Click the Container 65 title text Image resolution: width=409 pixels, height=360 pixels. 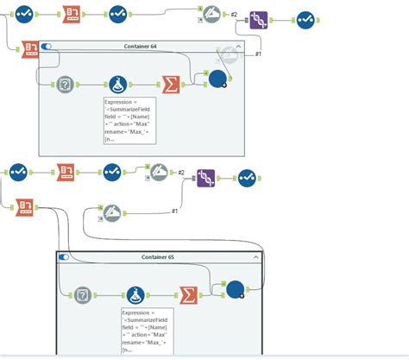(x=157, y=257)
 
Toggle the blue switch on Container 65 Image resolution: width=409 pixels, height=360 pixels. (x=64, y=257)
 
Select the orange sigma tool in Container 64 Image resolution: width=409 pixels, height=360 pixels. (x=172, y=85)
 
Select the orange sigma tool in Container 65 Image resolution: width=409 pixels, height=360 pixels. (x=187, y=295)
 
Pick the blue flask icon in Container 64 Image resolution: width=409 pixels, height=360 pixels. (x=117, y=85)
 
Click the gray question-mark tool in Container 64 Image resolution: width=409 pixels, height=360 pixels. (x=65, y=85)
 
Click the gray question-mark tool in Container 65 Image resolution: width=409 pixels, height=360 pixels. (x=83, y=295)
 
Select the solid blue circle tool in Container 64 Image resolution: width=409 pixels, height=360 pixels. (x=219, y=79)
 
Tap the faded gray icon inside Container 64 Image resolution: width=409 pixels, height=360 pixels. (x=227, y=55)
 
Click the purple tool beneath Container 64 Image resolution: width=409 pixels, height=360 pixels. (x=205, y=178)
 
